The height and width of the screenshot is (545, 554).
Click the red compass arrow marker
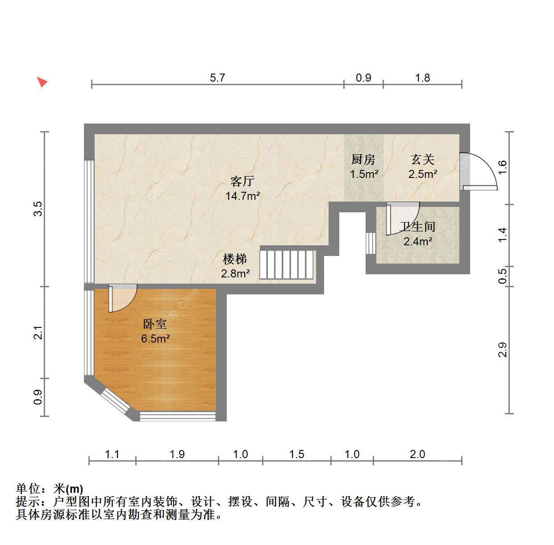pos(42,82)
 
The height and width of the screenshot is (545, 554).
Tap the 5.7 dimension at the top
pos(217,78)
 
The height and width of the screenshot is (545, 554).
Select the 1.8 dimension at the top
pos(422,78)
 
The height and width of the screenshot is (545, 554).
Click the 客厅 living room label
pos(242,181)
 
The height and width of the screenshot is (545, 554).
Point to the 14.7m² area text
pos(243,196)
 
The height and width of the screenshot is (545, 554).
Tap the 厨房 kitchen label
pos(363,160)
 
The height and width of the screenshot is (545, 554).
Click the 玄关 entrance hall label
pos(423,160)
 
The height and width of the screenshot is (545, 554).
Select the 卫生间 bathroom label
pos(417,227)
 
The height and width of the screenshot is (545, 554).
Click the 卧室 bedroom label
pos(155,324)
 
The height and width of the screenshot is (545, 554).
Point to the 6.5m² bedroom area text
pos(155,339)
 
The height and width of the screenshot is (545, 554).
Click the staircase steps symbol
pos(286,264)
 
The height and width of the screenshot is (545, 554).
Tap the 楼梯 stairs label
pos(235,260)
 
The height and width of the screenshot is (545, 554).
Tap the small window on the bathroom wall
pos(371,243)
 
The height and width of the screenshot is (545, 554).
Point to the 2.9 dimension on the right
pos(502,350)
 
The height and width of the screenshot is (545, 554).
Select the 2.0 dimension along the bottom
pos(417,454)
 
